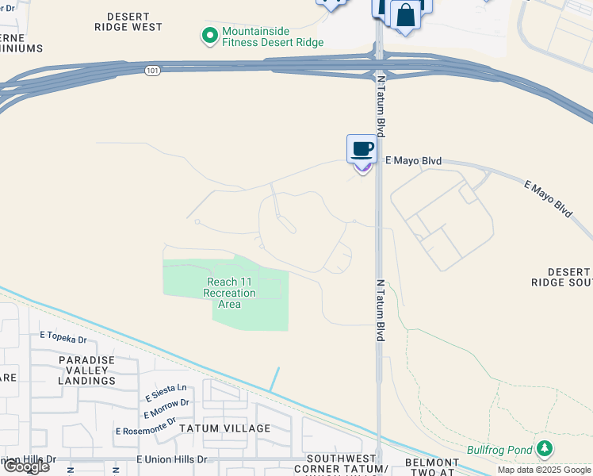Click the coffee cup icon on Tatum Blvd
pos(362,148)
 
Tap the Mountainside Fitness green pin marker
pos(209,35)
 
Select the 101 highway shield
pos(152,71)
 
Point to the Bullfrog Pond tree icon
pos(544,450)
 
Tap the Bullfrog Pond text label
pos(499,451)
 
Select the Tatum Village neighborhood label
pos(224,428)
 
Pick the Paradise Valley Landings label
pos(87,370)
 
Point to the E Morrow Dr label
pos(166,408)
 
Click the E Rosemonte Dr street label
pos(145,428)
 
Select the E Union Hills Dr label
pos(171,459)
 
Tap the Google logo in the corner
pos(26,466)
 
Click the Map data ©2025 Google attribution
pos(544,470)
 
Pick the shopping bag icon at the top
pos(405,17)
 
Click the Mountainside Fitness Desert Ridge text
pos(273,36)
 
